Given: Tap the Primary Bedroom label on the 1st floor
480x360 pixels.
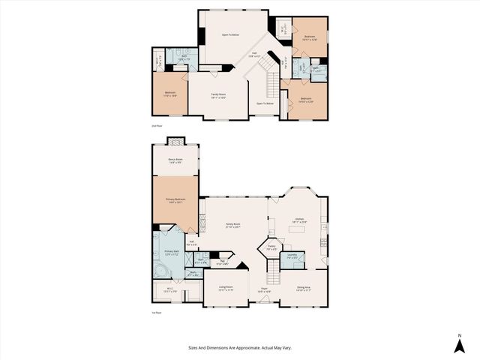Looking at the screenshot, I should click(x=175, y=200).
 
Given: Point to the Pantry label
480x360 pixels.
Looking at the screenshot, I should click(x=271, y=247).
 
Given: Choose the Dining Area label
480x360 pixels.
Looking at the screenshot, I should click(x=303, y=288).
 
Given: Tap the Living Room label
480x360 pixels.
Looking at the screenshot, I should click(x=225, y=288).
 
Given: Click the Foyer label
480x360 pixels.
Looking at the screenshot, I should click(x=264, y=288).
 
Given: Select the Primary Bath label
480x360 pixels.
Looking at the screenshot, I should click(x=171, y=252).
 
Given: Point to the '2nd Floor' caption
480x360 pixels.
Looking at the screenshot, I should click(x=157, y=126).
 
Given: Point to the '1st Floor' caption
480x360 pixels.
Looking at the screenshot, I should click(x=157, y=313).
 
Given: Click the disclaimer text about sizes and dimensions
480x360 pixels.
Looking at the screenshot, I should click(x=240, y=347).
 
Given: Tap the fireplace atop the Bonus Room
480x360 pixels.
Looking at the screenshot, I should click(x=175, y=141).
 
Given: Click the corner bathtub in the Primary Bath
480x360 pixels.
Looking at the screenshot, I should click(x=160, y=268).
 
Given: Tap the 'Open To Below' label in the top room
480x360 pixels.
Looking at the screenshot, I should click(x=229, y=35).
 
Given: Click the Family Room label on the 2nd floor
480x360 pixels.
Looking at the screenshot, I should click(x=217, y=94).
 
